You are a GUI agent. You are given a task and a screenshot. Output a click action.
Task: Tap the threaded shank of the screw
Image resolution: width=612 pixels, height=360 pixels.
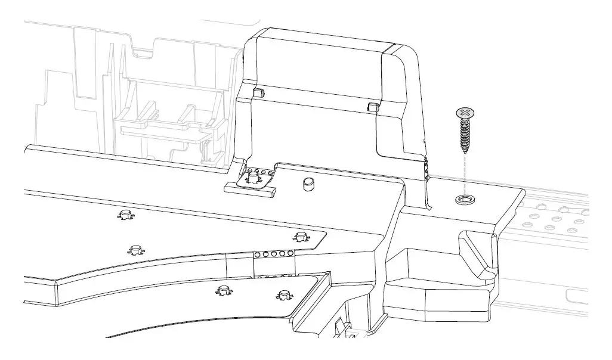(x=465, y=134)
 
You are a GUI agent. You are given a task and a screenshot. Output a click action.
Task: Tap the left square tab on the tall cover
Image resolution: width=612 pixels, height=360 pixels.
(x=258, y=92)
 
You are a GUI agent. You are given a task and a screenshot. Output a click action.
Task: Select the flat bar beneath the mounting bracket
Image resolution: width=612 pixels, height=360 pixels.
(x=250, y=189)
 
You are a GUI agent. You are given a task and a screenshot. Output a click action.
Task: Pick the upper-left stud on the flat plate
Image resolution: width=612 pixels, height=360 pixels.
(x=125, y=214)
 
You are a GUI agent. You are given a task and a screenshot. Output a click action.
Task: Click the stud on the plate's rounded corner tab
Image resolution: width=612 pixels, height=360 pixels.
(x=300, y=236)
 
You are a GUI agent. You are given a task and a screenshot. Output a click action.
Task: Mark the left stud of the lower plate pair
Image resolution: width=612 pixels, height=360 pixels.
(x=224, y=291)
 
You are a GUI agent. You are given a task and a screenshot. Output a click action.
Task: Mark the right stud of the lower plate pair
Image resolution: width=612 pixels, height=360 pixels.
(x=283, y=294)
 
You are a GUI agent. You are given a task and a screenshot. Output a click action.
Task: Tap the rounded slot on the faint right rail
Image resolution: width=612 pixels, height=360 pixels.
(x=576, y=295)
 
